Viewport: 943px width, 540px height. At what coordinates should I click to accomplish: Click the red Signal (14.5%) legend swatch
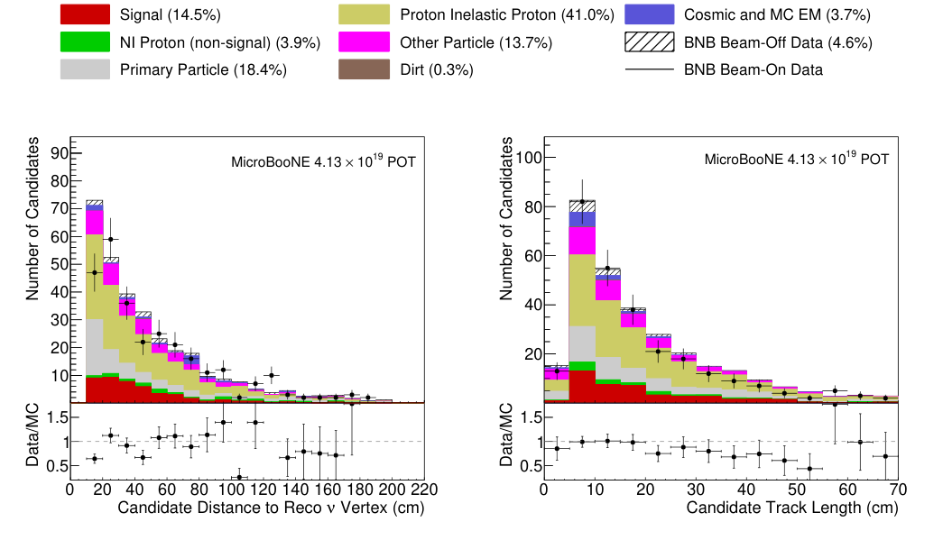point(85,14)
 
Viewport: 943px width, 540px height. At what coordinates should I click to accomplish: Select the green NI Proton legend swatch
point(85,42)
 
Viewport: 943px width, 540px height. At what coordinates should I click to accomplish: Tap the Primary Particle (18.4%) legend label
point(203,70)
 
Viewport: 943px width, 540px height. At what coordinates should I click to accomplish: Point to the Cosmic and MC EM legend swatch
point(649,14)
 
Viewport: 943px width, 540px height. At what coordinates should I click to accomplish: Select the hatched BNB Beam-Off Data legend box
point(649,42)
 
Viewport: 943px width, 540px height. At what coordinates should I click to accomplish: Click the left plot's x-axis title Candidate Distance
point(271,508)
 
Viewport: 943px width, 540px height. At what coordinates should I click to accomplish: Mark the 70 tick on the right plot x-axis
point(897,489)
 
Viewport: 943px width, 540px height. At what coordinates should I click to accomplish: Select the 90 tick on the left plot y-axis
point(58,153)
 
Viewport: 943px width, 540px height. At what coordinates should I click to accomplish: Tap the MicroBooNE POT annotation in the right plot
point(797,160)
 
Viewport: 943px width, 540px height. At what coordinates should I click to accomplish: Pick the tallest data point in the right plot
point(582,202)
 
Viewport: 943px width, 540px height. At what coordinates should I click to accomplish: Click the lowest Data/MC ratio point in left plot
point(239,477)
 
